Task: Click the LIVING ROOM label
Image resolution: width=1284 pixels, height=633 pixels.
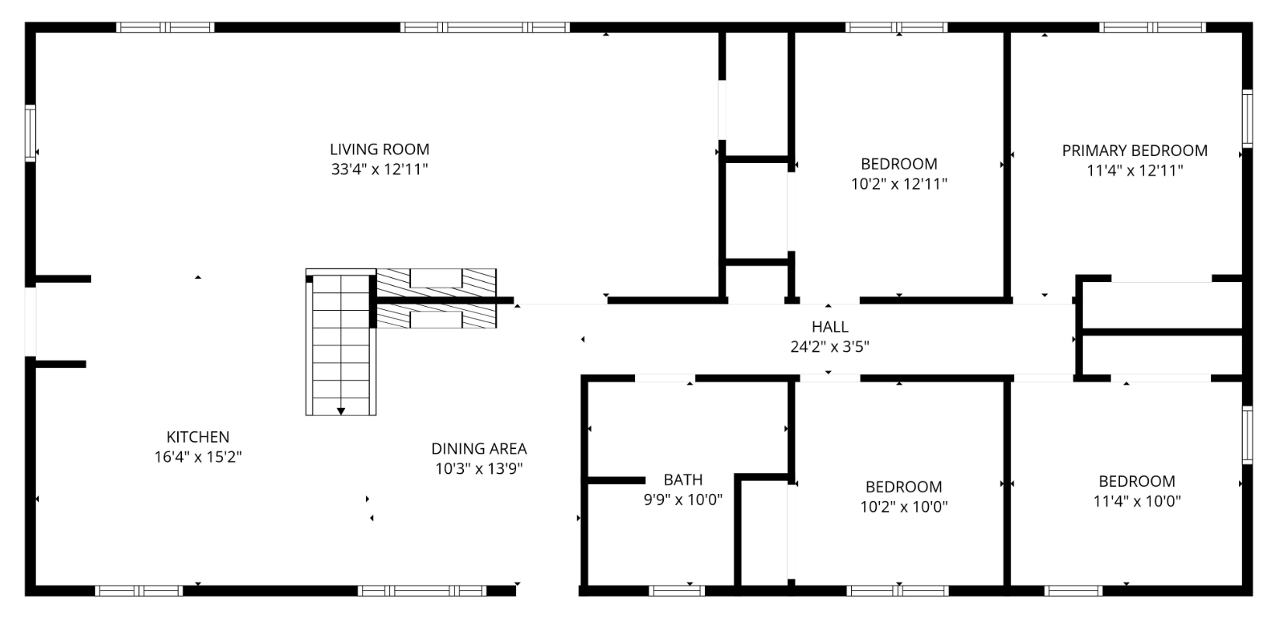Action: click(379, 150)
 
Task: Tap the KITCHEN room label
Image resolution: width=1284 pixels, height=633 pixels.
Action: click(197, 437)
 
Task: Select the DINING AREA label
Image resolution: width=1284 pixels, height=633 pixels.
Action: click(480, 449)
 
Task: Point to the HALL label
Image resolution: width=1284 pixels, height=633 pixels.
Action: click(830, 327)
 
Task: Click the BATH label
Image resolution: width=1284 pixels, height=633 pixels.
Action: click(683, 479)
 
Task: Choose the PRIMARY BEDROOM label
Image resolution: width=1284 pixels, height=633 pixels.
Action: click(1135, 151)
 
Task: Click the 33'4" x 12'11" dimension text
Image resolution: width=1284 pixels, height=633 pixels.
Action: click(379, 169)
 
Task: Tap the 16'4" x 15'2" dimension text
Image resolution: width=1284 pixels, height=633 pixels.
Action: click(197, 457)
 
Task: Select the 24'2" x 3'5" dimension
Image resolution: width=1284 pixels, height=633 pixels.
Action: click(830, 346)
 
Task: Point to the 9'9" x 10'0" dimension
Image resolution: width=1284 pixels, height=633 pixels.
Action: click(683, 499)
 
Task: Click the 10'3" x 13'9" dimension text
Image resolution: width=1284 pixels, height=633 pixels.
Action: click(480, 468)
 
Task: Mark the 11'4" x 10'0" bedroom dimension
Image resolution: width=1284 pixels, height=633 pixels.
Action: click(1137, 501)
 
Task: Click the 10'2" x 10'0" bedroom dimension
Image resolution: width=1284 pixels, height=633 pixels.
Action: click(904, 507)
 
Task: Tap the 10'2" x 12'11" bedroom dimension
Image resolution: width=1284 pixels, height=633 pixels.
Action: click(899, 184)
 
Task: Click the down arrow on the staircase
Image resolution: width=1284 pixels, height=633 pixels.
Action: click(341, 411)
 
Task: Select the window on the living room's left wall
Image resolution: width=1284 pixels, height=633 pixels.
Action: click(30, 133)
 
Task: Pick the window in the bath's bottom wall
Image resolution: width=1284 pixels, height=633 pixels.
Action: click(677, 590)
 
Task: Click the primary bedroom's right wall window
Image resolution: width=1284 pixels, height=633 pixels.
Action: click(1247, 119)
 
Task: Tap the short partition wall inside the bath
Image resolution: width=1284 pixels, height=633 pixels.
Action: click(617, 480)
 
